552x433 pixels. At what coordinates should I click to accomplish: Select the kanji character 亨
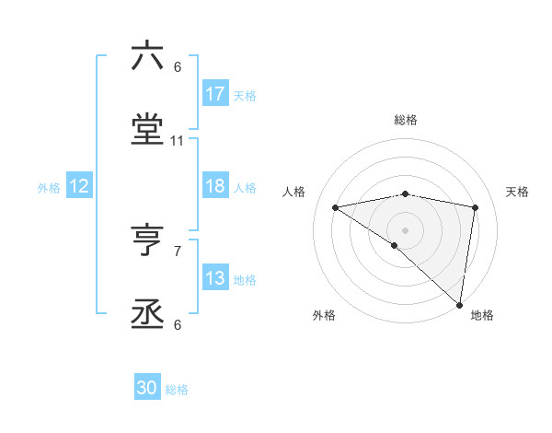pos(147,240)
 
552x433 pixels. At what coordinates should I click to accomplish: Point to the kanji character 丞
pos(147,315)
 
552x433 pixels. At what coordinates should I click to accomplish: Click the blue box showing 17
pos(215,94)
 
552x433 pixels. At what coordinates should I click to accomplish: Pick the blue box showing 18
pos(215,186)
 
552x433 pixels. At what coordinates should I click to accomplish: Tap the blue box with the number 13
pos(215,278)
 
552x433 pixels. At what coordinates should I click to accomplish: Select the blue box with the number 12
pos(79,186)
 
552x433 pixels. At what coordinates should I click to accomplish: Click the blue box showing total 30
pos(147,388)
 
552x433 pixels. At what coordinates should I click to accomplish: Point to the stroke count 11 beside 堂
pos(178,141)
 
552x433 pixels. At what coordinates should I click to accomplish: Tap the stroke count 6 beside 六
pos(178,66)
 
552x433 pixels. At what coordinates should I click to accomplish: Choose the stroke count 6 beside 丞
pos(178,325)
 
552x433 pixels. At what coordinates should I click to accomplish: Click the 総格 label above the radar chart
pos(406,120)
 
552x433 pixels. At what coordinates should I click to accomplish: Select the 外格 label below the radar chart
pos(324,315)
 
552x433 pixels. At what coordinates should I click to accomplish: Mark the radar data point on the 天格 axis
pos(476,207)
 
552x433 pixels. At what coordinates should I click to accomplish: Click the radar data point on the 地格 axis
pos(460,304)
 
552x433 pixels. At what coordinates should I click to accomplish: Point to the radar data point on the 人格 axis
pos(335,207)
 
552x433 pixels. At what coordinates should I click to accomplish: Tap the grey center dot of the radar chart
pos(406,229)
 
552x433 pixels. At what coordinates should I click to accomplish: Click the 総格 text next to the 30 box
pos(177,389)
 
